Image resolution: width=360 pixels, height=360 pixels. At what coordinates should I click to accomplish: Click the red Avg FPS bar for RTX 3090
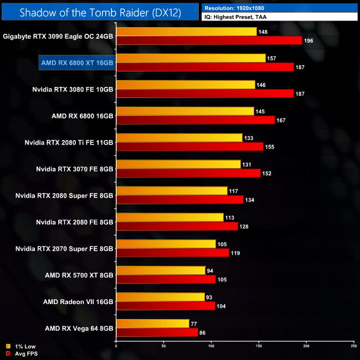[x=209, y=40]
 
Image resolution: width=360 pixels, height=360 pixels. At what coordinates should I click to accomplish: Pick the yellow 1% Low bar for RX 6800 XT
[x=191, y=58]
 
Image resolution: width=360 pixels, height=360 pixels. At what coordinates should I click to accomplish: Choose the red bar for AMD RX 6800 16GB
[x=195, y=120]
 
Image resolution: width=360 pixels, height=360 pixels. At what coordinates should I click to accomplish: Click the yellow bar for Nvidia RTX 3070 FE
[x=178, y=164]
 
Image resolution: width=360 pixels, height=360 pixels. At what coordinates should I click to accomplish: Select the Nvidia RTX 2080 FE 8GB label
[x=75, y=222]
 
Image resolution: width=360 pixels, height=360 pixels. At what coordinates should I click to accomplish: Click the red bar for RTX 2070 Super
[x=172, y=253]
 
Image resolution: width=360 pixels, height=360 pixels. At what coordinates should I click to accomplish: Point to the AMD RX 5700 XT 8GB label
[x=79, y=275]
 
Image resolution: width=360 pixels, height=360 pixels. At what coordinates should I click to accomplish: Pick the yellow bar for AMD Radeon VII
[x=160, y=297]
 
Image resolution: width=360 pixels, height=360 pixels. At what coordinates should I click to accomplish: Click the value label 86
[x=203, y=333]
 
